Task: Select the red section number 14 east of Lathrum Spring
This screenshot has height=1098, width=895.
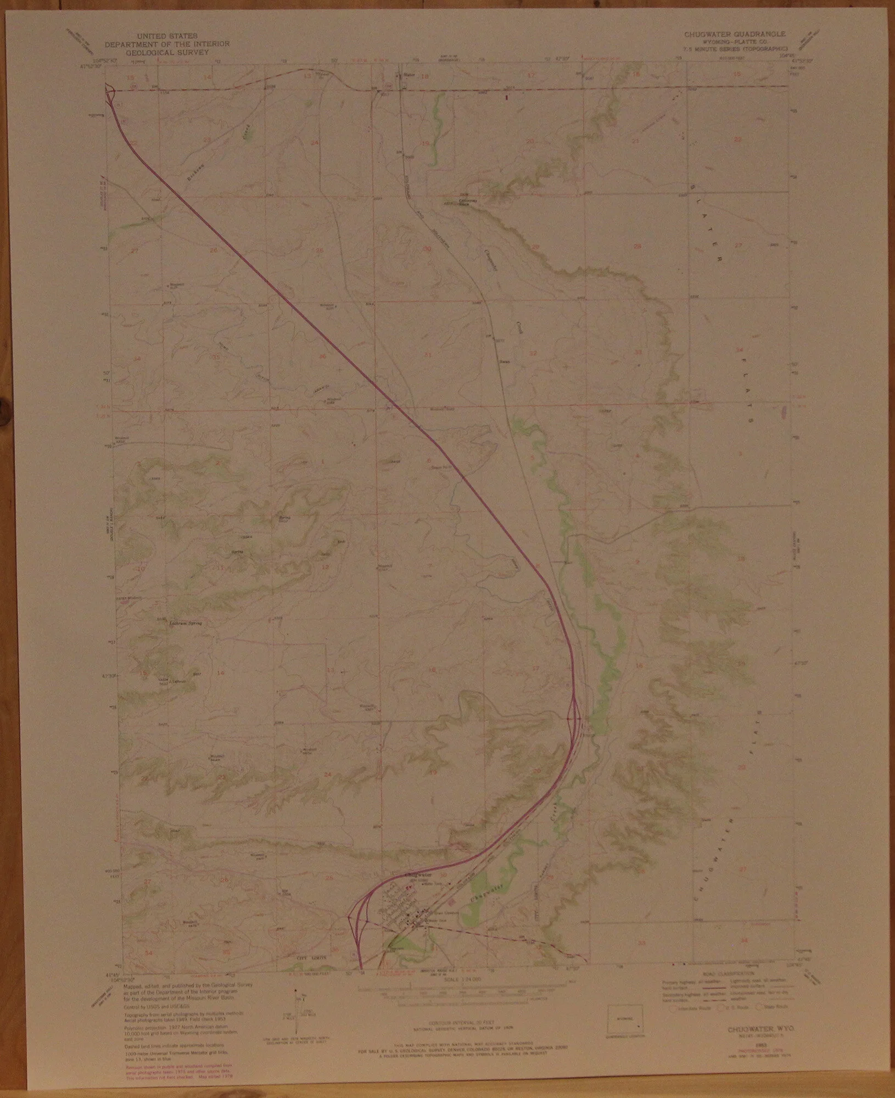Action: [221, 673]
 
